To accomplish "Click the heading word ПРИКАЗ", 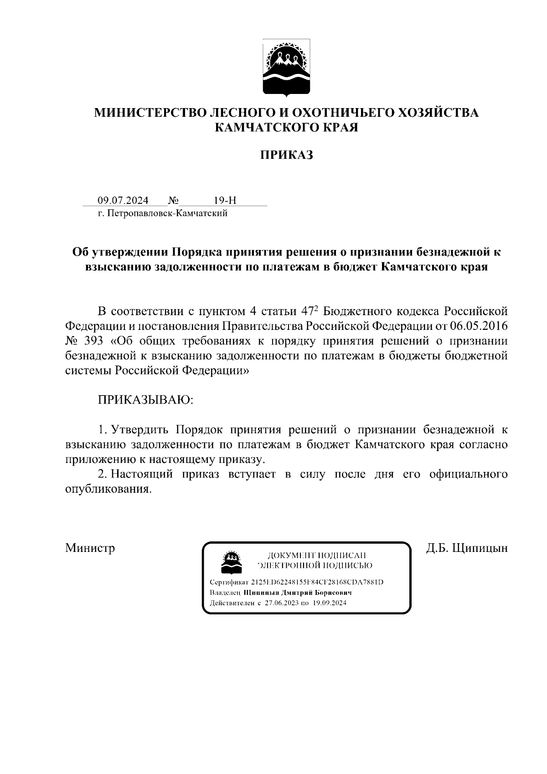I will click(x=287, y=156).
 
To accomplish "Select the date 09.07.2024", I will click(x=123, y=201).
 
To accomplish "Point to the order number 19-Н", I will click(x=225, y=201).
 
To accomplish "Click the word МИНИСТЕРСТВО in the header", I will click(x=149, y=113).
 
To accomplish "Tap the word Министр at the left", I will click(x=90, y=547).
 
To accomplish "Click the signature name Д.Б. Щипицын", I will click(x=467, y=547).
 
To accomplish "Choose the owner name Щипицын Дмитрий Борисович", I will click(x=298, y=593).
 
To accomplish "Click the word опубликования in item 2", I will click(x=108, y=489).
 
